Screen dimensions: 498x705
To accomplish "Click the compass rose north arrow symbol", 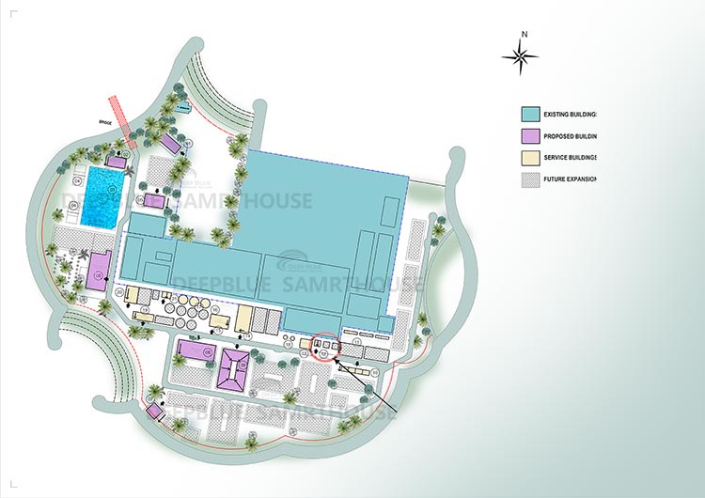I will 520,56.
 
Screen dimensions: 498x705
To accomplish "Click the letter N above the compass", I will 525,34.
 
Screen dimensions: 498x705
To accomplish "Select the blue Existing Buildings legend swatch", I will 533,114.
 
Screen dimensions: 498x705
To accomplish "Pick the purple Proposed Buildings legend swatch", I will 533,136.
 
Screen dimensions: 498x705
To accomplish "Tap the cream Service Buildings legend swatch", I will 533,158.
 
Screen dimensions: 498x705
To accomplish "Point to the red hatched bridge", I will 119,109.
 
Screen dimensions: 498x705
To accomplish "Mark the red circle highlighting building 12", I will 323,347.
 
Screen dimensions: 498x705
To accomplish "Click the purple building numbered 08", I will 195,350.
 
